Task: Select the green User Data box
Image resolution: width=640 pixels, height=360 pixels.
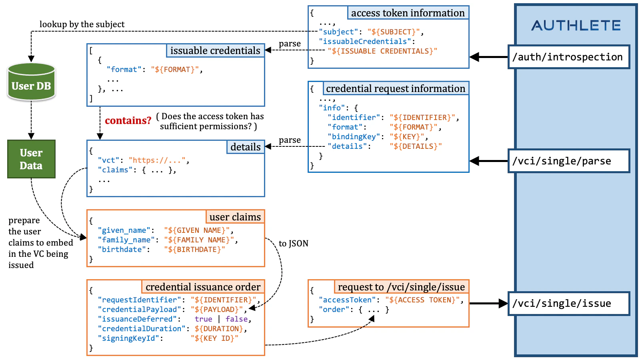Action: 31,159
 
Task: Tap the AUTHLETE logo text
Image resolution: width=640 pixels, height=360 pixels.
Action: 576,26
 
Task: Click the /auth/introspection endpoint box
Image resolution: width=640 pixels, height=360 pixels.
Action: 568,57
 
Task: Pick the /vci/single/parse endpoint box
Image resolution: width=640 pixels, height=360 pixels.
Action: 568,161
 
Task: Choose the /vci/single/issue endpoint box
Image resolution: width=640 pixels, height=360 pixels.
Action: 568,304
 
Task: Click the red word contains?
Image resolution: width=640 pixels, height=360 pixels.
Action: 128,120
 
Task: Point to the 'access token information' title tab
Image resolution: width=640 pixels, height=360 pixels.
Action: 408,13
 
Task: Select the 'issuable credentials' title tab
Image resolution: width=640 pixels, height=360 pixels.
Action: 215,50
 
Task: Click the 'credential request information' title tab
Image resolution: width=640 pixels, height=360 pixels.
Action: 396,88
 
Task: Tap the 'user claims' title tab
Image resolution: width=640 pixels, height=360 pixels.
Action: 235,217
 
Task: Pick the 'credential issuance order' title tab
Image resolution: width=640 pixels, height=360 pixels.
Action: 203,287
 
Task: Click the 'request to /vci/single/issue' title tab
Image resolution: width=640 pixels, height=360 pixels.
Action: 401,287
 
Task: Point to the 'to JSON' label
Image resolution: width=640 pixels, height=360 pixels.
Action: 293,243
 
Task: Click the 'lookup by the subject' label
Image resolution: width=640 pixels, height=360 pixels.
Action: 82,24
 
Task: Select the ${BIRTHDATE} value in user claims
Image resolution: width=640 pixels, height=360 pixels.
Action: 194,250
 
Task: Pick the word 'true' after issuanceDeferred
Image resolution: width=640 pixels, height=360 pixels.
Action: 203,319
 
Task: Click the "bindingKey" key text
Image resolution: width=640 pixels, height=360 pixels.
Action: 354,137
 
